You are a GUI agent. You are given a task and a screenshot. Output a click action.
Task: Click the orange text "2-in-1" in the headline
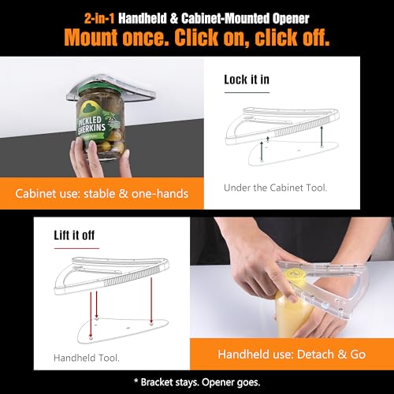99,18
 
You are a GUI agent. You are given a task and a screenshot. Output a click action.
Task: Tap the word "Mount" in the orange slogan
91,37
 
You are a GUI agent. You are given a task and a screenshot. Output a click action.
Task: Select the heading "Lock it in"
247,80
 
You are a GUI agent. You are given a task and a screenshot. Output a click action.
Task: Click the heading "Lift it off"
74,235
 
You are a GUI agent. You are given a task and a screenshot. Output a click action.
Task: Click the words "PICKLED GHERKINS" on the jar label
91,125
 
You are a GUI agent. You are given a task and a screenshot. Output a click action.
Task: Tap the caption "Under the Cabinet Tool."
276,188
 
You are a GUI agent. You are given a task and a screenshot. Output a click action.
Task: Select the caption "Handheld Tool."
87,358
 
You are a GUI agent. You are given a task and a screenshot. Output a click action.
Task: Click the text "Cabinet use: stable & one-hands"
102,194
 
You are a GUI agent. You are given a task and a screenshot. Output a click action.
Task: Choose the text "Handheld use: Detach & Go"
292,355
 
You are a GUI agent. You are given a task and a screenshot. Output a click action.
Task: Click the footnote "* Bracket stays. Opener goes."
197,382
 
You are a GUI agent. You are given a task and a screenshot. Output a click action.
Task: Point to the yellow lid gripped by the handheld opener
293,276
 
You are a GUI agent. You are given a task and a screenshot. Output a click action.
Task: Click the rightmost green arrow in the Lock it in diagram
322,136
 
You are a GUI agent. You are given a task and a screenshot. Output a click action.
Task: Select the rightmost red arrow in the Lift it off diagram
151,301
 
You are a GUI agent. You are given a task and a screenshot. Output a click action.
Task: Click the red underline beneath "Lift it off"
76,248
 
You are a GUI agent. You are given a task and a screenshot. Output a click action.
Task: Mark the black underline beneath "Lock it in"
247,92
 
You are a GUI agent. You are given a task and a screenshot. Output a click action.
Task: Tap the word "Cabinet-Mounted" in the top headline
225,18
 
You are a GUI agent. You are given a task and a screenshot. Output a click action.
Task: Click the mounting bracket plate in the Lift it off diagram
123,330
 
